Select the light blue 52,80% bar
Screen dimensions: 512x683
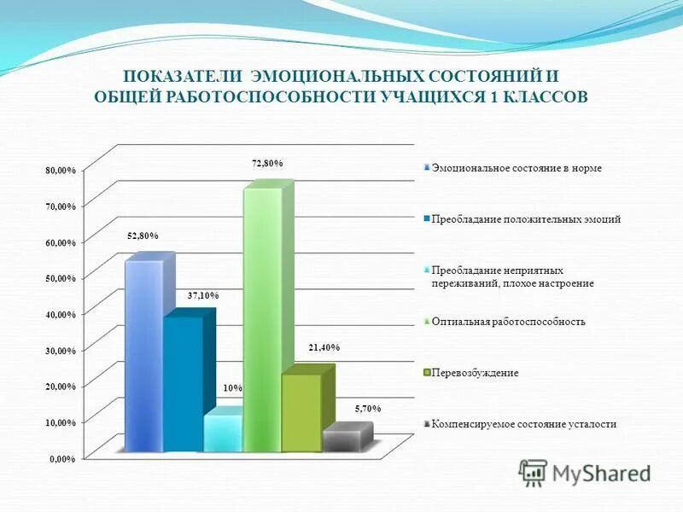coord(143,354)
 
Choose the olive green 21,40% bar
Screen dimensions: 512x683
coord(301,411)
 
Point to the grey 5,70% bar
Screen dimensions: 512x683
coord(340,440)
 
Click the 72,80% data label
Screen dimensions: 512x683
coord(267,163)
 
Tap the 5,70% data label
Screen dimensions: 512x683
coord(368,410)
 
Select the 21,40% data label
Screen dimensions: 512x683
coord(324,347)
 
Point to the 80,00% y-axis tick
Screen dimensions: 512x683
coord(61,171)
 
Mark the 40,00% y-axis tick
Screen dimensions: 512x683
coord(61,315)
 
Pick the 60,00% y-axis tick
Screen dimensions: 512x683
coord(61,243)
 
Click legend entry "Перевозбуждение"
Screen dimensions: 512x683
coord(475,373)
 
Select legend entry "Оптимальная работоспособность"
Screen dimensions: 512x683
coord(508,322)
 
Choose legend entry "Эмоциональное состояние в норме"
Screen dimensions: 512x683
coord(517,168)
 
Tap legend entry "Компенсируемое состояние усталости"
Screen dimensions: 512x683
coord(523,424)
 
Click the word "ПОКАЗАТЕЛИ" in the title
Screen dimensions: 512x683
coord(175,76)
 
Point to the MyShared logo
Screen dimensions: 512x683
coord(585,473)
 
